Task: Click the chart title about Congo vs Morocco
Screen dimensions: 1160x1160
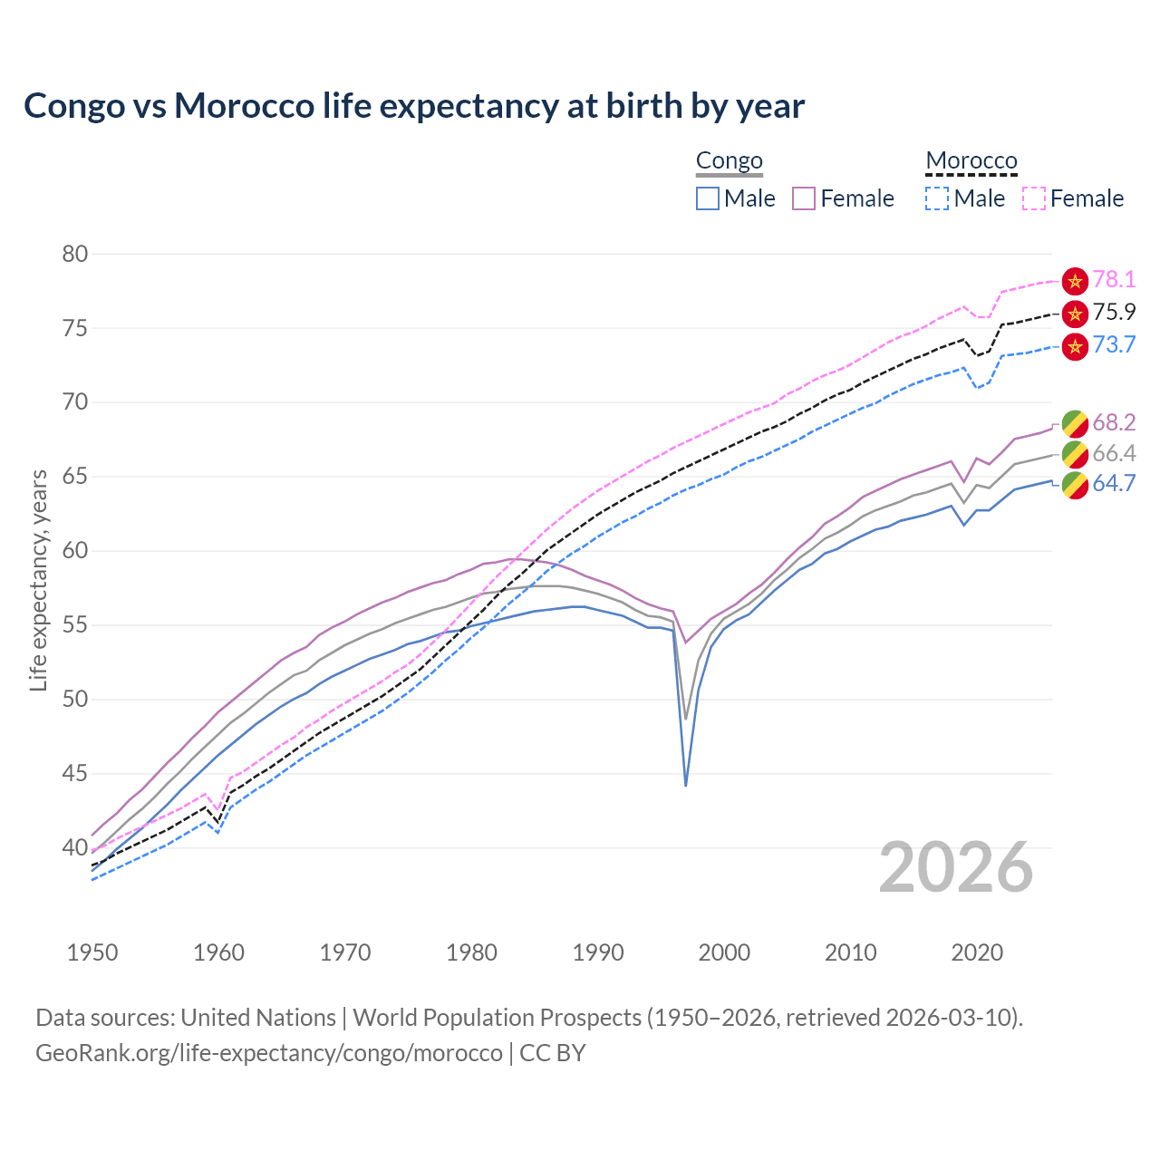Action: pos(414,106)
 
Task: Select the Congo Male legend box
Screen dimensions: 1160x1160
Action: pos(708,198)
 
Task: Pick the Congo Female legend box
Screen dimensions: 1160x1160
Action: pos(804,198)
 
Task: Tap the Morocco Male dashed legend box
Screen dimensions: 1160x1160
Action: pos(937,198)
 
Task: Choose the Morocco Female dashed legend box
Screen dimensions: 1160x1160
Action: pos(1034,198)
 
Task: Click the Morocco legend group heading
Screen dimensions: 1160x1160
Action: pos(971,161)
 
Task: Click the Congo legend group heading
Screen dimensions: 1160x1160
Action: pos(730,161)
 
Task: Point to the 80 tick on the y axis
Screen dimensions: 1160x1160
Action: pos(75,254)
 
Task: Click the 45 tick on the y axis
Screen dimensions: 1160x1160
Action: pos(75,774)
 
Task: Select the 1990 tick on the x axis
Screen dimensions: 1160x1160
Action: pos(598,952)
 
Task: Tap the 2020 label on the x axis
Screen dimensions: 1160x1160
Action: pos(977,952)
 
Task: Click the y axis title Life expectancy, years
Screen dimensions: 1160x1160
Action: pos(38,580)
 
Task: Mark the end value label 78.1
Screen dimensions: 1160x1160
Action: pos(1114,280)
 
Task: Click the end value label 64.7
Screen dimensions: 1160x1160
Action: pos(1114,484)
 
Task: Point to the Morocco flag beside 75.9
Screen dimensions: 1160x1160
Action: pos(1075,314)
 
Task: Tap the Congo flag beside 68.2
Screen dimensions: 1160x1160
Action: pos(1075,423)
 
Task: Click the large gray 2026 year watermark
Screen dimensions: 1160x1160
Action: pos(956,867)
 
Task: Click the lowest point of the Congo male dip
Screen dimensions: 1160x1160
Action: pos(686,785)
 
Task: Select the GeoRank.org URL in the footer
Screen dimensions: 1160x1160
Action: pos(269,1053)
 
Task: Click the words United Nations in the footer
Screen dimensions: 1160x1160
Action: pos(258,1018)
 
